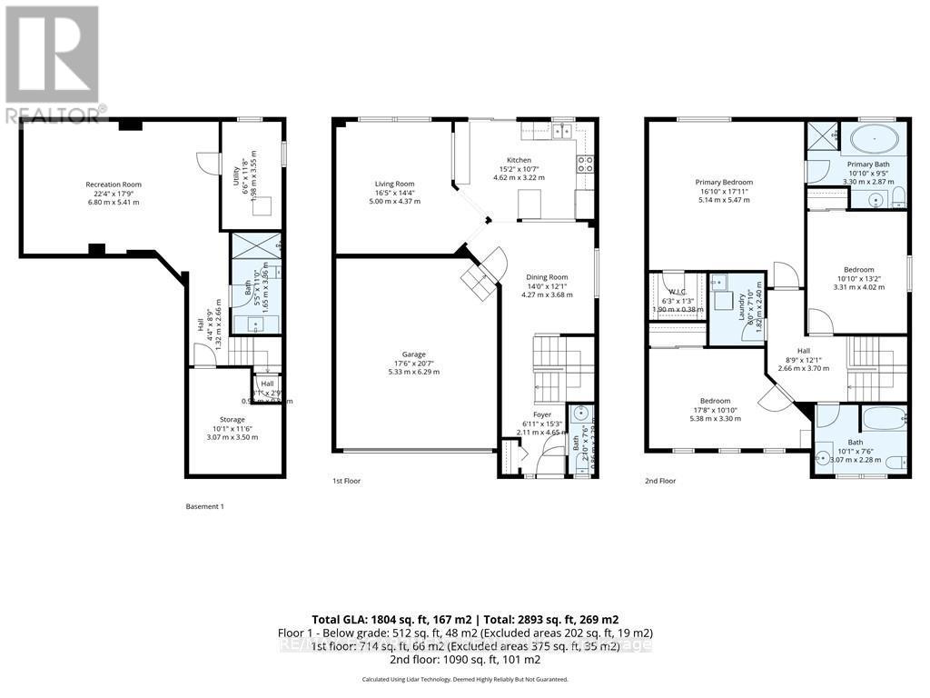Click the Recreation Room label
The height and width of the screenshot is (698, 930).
[x=114, y=184]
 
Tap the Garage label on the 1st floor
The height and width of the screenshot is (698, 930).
[x=414, y=354]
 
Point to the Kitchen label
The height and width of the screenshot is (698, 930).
[x=519, y=160]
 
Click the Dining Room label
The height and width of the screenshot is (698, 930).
[x=547, y=277]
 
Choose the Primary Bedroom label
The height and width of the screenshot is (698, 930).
[x=724, y=182]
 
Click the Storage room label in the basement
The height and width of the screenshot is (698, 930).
[x=232, y=420]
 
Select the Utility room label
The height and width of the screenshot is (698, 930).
[x=236, y=170]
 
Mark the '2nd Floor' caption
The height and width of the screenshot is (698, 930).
[x=660, y=481]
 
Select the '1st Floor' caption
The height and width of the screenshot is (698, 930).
[x=346, y=481]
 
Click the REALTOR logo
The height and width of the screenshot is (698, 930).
[x=54, y=64]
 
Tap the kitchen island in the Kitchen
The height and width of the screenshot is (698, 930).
[x=529, y=205]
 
